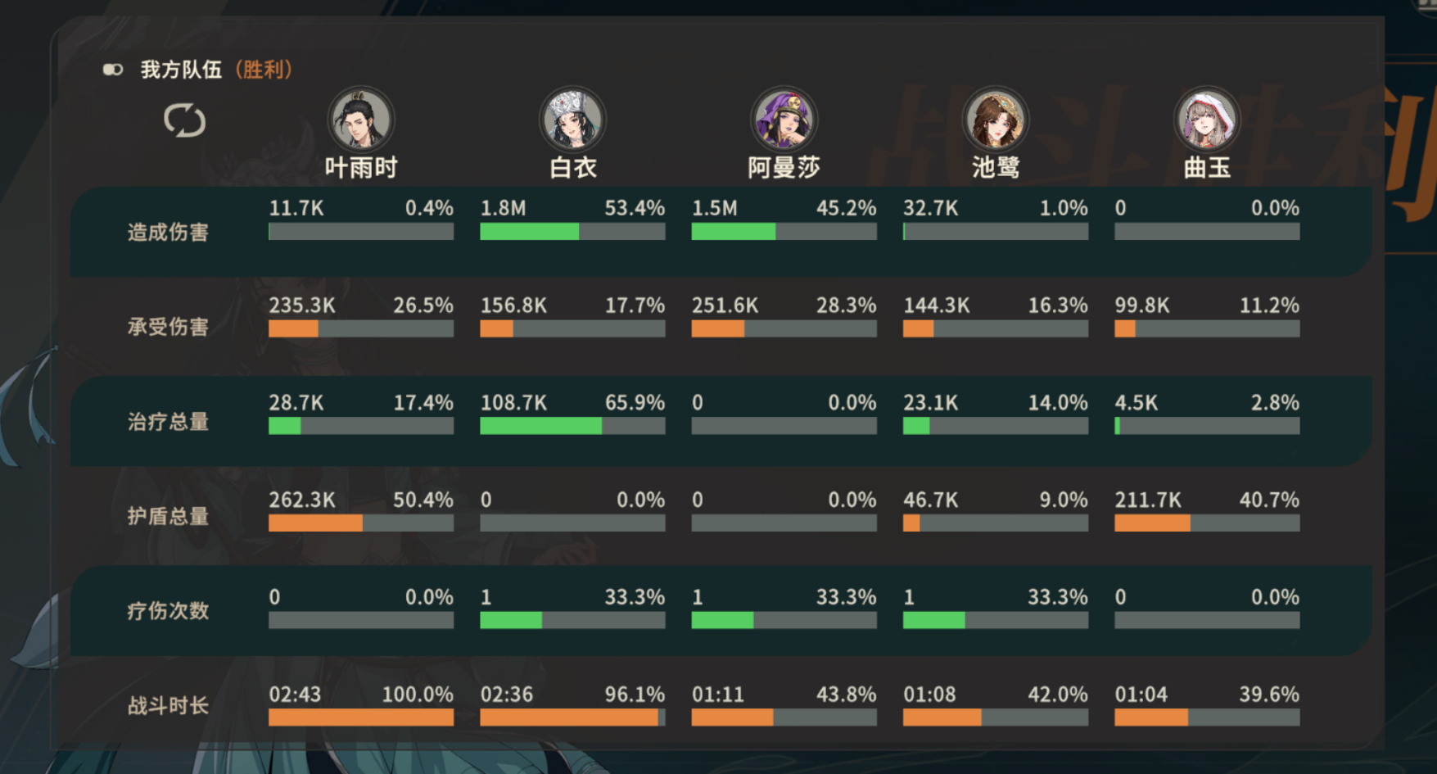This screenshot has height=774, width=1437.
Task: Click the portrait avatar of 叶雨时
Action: point(360,120)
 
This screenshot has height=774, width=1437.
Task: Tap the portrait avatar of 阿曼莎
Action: point(784,120)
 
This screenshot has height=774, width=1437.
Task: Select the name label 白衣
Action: point(572,168)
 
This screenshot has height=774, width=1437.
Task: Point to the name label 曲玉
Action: point(1207,168)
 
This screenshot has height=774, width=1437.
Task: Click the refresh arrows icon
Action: point(184,120)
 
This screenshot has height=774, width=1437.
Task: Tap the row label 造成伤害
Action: point(168,233)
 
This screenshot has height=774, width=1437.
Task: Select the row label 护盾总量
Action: point(168,517)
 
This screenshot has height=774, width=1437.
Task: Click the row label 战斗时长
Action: point(168,706)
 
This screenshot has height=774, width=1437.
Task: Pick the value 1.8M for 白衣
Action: point(503,208)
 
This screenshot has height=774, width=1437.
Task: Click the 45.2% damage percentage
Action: point(846,208)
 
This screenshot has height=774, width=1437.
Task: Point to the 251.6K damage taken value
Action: point(725,306)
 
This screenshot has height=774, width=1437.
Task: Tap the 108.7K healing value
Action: point(513,403)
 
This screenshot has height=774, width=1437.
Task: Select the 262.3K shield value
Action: point(301,500)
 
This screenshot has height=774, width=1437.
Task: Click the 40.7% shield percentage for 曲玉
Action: point(1269,500)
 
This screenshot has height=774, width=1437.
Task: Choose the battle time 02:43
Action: point(295,695)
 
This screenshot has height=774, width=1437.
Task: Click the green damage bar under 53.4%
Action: point(529,232)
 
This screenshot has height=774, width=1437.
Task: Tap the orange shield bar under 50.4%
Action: point(315,523)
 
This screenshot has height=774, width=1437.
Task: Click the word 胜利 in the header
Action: point(264,70)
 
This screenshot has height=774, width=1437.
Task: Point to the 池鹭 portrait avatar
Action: point(995,120)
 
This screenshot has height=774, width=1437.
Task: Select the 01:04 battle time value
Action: point(1141,695)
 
